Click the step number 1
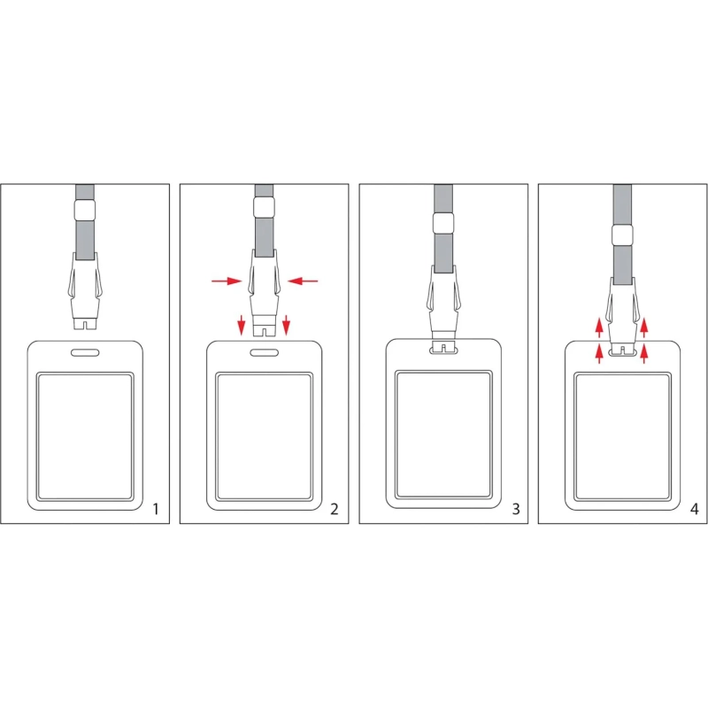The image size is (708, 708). pyautogui.click(x=156, y=510)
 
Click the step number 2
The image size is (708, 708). pyautogui.click(x=335, y=510)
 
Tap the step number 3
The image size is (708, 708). pyautogui.click(x=516, y=510)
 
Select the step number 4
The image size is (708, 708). pyautogui.click(x=695, y=510)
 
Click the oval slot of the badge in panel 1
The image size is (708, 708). pyautogui.click(x=85, y=352)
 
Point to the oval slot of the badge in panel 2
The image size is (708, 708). pyautogui.click(x=264, y=352)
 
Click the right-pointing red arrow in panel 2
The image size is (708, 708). pyautogui.click(x=227, y=281)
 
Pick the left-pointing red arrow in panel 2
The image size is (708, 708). pyautogui.click(x=303, y=281)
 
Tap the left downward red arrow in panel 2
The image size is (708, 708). pyautogui.click(x=242, y=325)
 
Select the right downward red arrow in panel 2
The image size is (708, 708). pyautogui.click(x=286, y=325)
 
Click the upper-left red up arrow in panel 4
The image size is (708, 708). pyautogui.click(x=599, y=327)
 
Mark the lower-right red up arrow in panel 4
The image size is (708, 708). pyautogui.click(x=644, y=353)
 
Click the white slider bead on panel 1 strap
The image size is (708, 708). pyautogui.click(x=85, y=210)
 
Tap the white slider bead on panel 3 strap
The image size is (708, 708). pyautogui.click(x=443, y=224)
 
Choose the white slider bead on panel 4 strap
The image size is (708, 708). pyautogui.click(x=622, y=235)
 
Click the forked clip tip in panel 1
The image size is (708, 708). pyautogui.click(x=85, y=323)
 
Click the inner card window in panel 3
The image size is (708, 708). pyautogui.click(x=443, y=435)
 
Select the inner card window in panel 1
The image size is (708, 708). pyautogui.click(x=85, y=436)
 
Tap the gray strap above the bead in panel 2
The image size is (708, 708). pyautogui.click(x=264, y=190)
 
